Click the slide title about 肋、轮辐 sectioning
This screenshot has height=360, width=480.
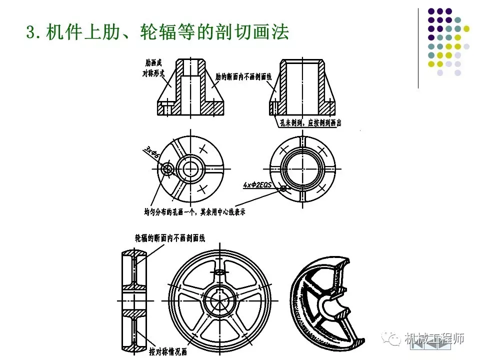tap(157, 33)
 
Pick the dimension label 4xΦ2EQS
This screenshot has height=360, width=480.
tap(258, 184)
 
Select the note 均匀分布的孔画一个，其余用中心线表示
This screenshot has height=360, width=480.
tap(194, 212)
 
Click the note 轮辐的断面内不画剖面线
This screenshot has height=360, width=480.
tap(170, 238)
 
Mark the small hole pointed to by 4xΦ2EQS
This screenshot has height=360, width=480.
tap(284, 188)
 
